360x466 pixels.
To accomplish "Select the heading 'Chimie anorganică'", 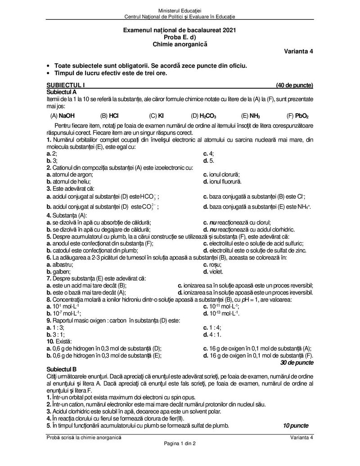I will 180,44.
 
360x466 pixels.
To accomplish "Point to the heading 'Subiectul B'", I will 62,368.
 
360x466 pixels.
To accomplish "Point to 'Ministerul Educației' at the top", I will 180,10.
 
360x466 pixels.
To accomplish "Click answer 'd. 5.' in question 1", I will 209,160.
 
